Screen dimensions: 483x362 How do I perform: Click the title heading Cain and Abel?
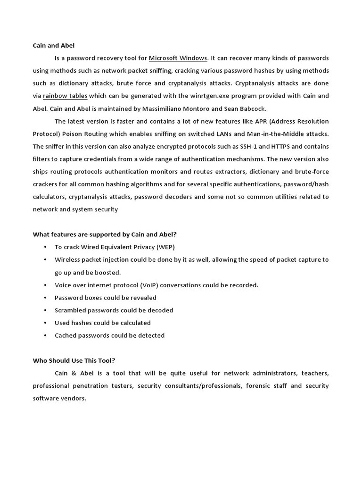53,46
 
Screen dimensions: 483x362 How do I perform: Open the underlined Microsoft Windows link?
178,58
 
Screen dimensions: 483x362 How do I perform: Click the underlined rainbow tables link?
65,96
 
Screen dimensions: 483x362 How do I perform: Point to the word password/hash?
308,184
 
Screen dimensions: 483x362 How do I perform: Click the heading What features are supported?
104,234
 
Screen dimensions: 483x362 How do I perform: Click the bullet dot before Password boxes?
45,298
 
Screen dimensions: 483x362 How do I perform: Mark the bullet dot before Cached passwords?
45,335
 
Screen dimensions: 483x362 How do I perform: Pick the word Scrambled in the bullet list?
70,310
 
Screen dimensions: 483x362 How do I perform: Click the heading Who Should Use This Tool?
74,360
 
